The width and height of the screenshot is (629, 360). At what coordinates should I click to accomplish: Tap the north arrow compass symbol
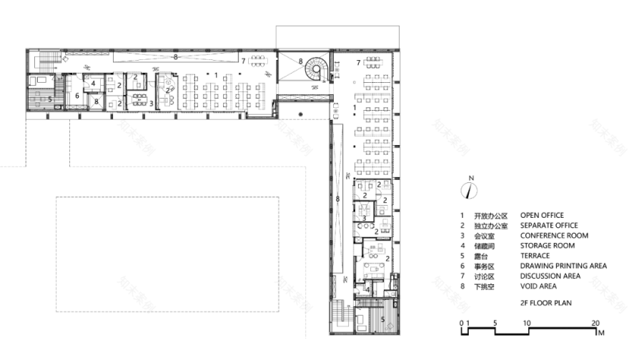pos(468,190)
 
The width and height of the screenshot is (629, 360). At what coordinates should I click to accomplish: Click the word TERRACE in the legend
pos(535,256)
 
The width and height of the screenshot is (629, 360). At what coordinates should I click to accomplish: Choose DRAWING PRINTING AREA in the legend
pos(563,266)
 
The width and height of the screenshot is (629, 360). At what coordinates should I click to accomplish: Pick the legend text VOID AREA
pos(539,286)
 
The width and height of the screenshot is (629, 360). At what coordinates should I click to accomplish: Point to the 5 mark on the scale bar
pos(495,324)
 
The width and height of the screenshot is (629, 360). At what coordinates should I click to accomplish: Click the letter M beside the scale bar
pos(602,333)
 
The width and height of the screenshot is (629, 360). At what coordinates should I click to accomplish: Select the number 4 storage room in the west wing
pos(94,84)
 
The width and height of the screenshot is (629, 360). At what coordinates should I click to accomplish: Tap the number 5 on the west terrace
pos(49,99)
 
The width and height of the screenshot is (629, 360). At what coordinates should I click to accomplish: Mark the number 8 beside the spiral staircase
pos(300,61)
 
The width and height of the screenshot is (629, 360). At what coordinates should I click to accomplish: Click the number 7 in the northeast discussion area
pos(359,63)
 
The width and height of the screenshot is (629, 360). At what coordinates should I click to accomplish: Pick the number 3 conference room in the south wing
pos(364,219)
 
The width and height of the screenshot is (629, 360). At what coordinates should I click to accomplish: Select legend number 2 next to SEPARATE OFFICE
pos(462,226)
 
